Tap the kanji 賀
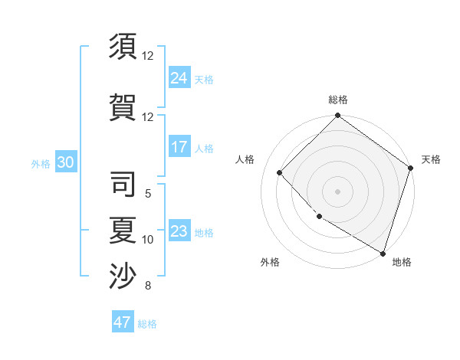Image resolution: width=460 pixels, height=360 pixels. click(x=123, y=106)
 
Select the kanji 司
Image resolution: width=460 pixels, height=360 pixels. click(x=123, y=185)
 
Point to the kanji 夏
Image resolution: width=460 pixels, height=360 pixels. click(x=123, y=231)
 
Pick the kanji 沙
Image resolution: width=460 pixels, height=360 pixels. click(x=123, y=277)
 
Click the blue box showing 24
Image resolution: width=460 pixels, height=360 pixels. click(x=179, y=78)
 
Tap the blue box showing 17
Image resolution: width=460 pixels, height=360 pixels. click(x=179, y=147)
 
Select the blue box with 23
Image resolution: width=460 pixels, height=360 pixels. click(x=179, y=231)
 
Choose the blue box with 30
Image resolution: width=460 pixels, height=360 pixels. click(x=65, y=162)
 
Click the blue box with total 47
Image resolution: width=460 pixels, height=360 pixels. click(x=123, y=322)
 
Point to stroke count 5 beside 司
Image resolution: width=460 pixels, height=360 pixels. click(x=148, y=194)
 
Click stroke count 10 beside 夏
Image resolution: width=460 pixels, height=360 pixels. click(x=148, y=240)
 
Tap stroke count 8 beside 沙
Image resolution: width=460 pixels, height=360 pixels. click(x=148, y=286)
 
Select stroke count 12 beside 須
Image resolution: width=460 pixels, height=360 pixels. click(x=148, y=56)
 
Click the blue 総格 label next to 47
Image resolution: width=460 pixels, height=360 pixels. click(x=147, y=324)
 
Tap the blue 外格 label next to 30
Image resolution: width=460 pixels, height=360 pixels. click(x=40, y=164)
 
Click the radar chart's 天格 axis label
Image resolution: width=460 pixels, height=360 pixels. click(x=431, y=159)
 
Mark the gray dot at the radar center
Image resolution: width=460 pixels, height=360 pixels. click(x=337, y=191)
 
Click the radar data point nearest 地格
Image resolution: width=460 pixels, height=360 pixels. click(x=382, y=252)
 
